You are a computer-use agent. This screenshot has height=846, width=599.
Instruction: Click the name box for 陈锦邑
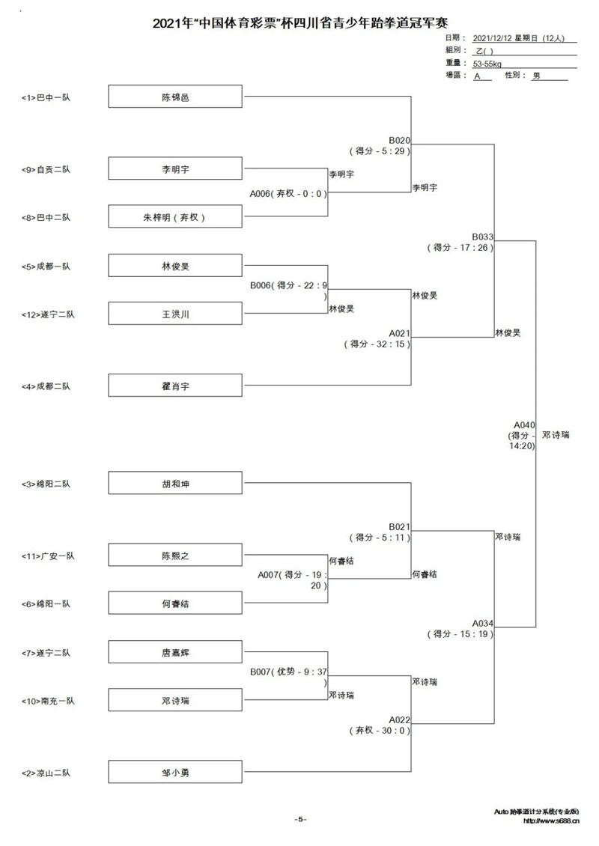tap(175, 97)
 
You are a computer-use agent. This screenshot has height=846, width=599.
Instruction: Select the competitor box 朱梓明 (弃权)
tap(175, 217)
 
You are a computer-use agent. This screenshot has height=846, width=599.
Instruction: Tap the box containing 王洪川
tap(175, 314)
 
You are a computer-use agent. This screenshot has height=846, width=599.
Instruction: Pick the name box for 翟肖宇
tap(175, 386)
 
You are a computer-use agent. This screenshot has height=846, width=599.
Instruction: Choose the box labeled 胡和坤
tap(175, 484)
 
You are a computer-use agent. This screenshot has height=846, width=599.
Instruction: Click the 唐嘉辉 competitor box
tap(175, 652)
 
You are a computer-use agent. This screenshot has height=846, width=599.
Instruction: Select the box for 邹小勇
tap(175, 772)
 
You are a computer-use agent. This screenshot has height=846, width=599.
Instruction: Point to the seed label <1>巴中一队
tap(46, 97)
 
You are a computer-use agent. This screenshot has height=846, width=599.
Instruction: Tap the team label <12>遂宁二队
tap(48, 314)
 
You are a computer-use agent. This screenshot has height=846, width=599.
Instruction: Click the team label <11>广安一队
tap(48, 556)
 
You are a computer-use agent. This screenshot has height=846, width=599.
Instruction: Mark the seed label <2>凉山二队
tap(46, 773)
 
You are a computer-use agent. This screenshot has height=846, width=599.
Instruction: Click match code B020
tap(399, 140)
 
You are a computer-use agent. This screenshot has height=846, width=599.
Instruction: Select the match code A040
tap(524, 425)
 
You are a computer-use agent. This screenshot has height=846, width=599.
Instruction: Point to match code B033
tap(482, 237)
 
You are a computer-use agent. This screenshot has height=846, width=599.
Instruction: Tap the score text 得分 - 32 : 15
tap(377, 344)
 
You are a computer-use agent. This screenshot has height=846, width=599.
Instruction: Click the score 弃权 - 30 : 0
tap(380, 730)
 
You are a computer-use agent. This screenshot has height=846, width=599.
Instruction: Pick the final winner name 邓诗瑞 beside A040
tap(556, 435)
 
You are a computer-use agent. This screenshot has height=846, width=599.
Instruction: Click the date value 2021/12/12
tap(492, 38)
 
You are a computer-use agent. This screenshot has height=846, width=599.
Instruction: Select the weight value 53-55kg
tap(487, 64)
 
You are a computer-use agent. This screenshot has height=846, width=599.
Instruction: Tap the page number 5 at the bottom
tap(301, 819)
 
